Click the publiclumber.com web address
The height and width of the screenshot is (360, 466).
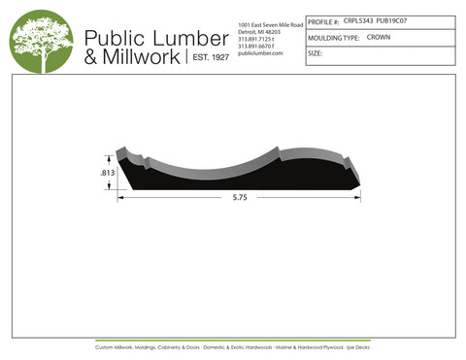(x=259, y=53)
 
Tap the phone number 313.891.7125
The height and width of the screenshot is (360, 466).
(x=257, y=39)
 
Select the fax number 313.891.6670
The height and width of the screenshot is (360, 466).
(x=257, y=46)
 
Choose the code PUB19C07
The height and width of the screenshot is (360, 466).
(x=392, y=19)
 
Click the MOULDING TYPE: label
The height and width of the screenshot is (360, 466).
(x=334, y=37)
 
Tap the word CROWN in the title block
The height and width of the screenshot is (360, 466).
(x=379, y=37)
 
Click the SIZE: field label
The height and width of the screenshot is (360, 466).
(x=315, y=53)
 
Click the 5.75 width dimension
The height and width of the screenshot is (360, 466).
(x=239, y=198)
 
